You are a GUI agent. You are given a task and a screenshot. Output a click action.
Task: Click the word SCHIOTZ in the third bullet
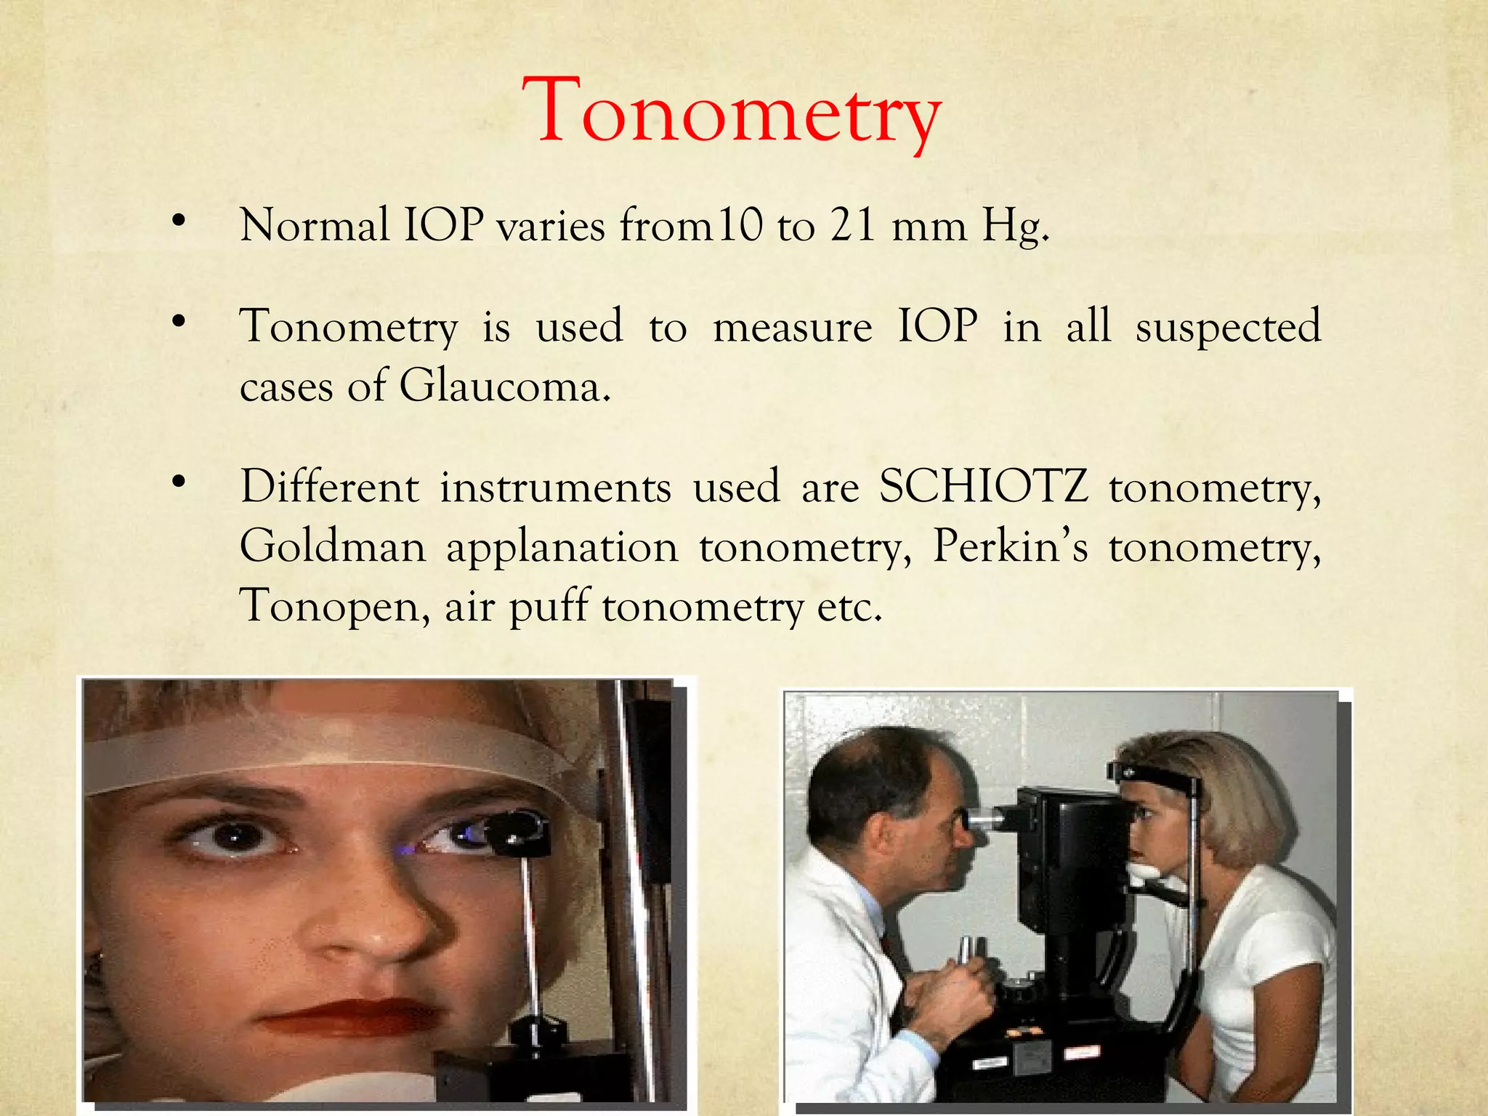pos(984,486)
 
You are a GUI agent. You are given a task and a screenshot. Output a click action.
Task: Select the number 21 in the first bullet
pos(853,225)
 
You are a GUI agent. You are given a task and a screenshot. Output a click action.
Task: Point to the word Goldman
pos(333,546)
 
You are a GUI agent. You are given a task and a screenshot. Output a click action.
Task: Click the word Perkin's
pos(1010,546)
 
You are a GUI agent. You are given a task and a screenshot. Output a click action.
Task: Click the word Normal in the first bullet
pos(315,225)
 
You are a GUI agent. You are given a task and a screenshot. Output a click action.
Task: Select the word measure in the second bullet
pos(792,327)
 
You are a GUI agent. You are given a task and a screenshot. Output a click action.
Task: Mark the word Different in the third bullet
pos(329,486)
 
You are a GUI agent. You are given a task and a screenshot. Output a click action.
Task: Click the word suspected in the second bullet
pos(1228,327)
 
